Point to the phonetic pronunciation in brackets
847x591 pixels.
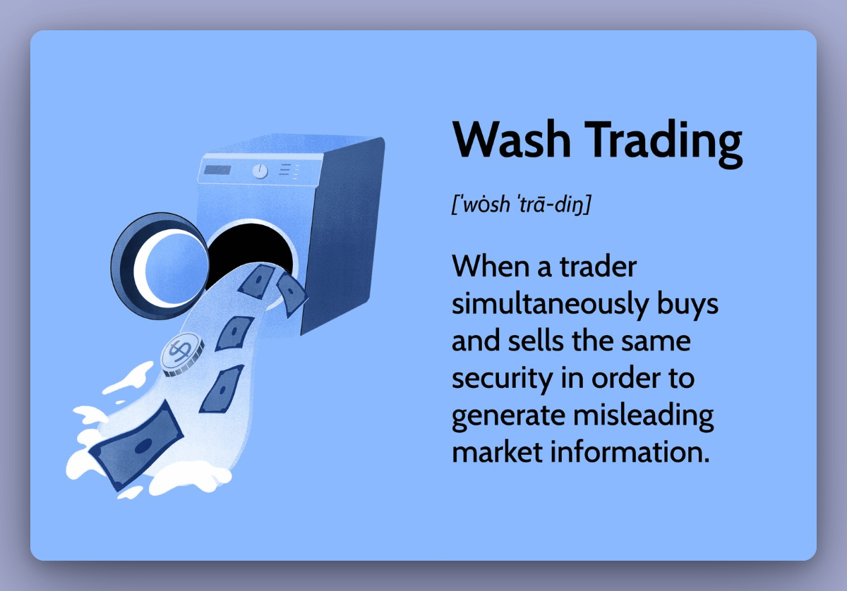tap(521, 205)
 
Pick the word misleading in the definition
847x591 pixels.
tap(643, 415)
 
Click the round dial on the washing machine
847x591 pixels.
tap(260, 171)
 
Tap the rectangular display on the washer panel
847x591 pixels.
tap(217, 170)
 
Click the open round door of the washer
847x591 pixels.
tap(159, 257)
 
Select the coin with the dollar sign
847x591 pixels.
tap(181, 353)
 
